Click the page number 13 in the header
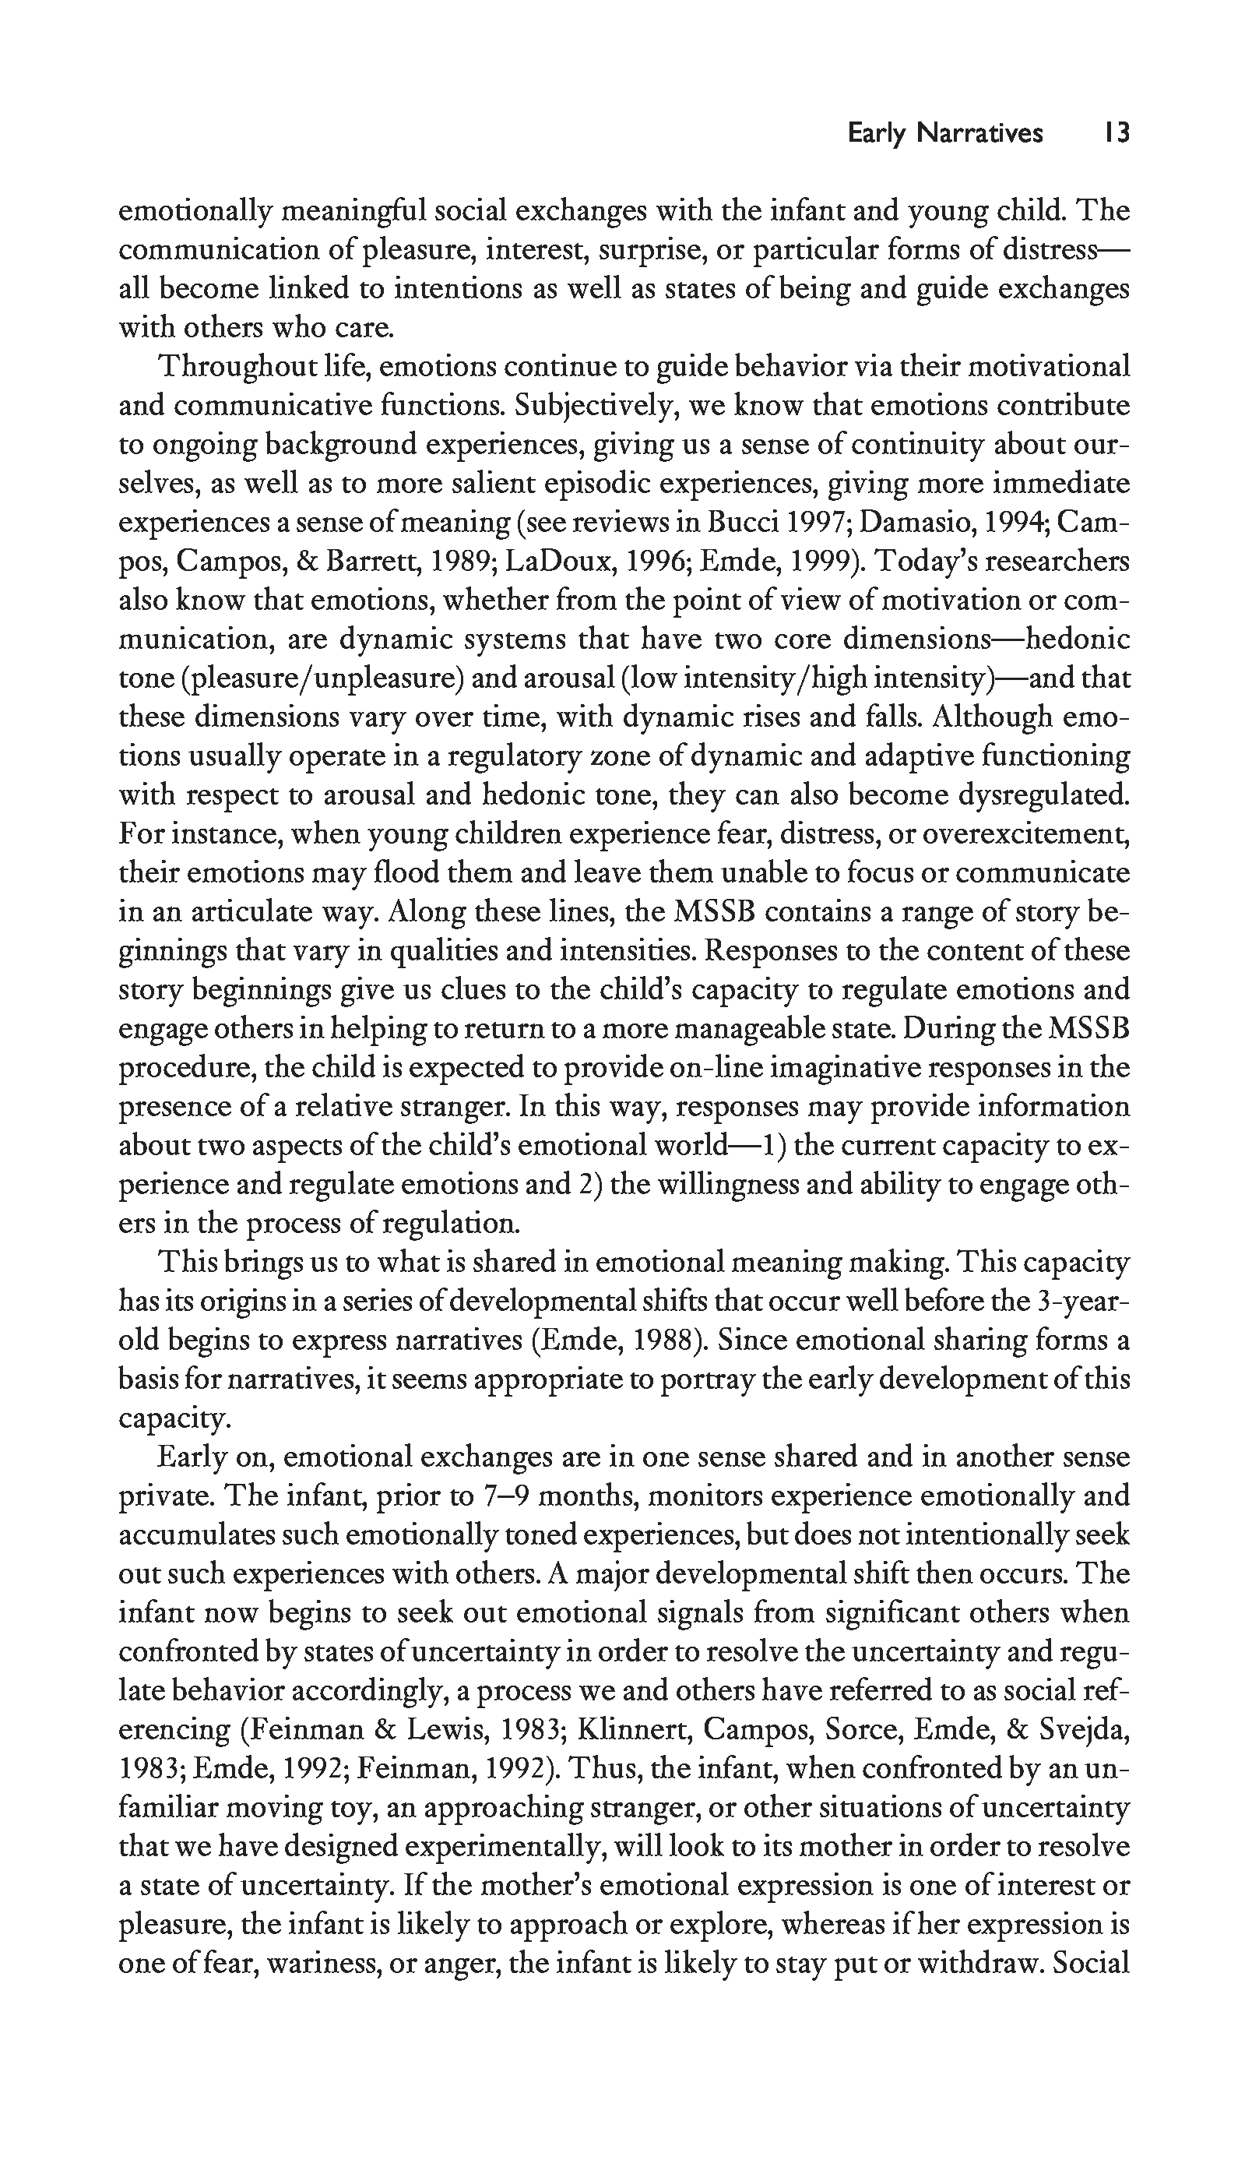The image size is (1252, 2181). point(1117,133)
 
